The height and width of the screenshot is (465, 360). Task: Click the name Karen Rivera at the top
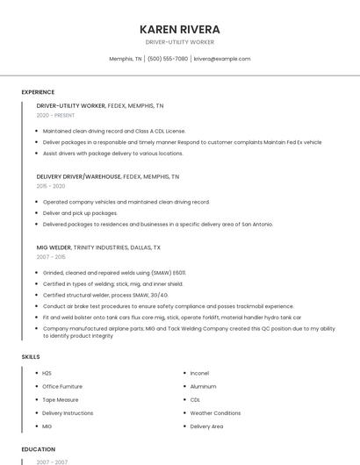click(180, 29)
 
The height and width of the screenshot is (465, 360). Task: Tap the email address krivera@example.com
click(222, 59)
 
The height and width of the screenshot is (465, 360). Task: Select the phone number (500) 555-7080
click(167, 59)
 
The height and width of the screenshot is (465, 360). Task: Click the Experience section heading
click(38, 92)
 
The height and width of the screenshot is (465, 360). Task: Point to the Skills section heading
click(31, 357)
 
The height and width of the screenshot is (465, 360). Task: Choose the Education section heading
click(39, 448)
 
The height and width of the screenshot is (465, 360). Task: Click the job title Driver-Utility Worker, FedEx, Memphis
click(99, 105)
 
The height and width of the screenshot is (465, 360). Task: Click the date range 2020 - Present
click(55, 115)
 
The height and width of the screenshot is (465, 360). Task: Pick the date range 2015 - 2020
click(51, 186)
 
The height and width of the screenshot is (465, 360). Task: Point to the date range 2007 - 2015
click(51, 257)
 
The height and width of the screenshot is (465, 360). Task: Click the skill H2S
click(47, 373)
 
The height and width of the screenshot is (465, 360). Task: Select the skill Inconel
click(199, 373)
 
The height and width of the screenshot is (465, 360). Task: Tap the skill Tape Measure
click(61, 399)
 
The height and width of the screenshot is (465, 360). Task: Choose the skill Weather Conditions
click(215, 412)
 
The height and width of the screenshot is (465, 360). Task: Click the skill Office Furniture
click(62, 386)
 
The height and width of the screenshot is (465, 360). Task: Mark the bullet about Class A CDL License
click(114, 130)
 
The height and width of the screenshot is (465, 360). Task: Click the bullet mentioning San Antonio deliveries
click(158, 224)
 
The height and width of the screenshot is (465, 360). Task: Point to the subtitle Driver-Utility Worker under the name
click(180, 42)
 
